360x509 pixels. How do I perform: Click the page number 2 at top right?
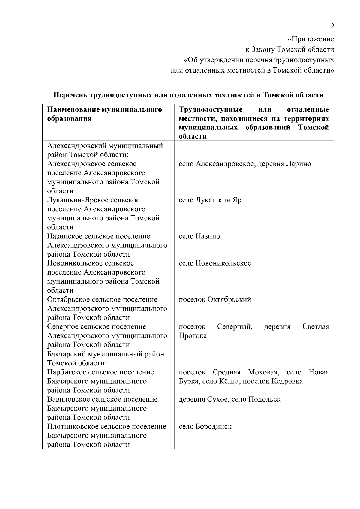pyautogui.click(x=332, y=26)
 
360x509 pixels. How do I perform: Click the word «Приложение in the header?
pyautogui.click(x=311, y=39)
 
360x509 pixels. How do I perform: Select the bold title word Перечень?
pyautogui.click(x=70, y=95)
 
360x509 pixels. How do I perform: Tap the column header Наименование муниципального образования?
pyautogui.click(x=104, y=114)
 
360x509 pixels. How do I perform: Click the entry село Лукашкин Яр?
pyautogui.click(x=210, y=200)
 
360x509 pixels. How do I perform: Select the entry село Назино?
pyautogui.click(x=199, y=236)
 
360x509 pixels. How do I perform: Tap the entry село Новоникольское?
pyautogui.click(x=215, y=263)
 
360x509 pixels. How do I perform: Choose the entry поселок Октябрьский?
pyautogui.click(x=215, y=299)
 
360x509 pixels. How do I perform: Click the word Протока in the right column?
pyautogui.click(x=193, y=336)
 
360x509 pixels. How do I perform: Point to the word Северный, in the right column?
pyautogui.click(x=235, y=326)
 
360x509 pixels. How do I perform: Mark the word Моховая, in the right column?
pyautogui.click(x=264, y=372)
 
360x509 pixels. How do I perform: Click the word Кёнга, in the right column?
pyautogui.click(x=229, y=381)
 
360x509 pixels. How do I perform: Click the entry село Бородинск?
pyautogui.click(x=205, y=427)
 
